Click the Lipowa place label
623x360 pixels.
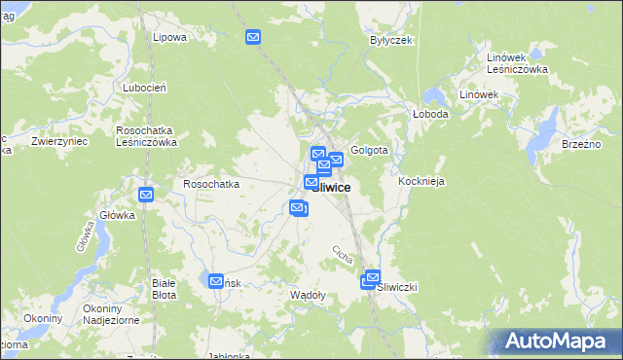click(x=169, y=37)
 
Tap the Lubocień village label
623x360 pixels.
click(x=146, y=87)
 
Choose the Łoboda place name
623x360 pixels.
click(x=429, y=113)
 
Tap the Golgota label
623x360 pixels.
click(x=370, y=151)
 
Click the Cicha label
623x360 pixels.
click(x=342, y=254)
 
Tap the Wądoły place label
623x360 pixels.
click(x=309, y=294)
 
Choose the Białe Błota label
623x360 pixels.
click(x=164, y=288)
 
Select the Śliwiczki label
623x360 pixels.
click(x=397, y=287)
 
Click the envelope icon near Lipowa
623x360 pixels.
click(x=253, y=38)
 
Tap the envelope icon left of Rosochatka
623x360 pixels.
click(x=146, y=195)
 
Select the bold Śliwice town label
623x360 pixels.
click(x=331, y=187)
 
